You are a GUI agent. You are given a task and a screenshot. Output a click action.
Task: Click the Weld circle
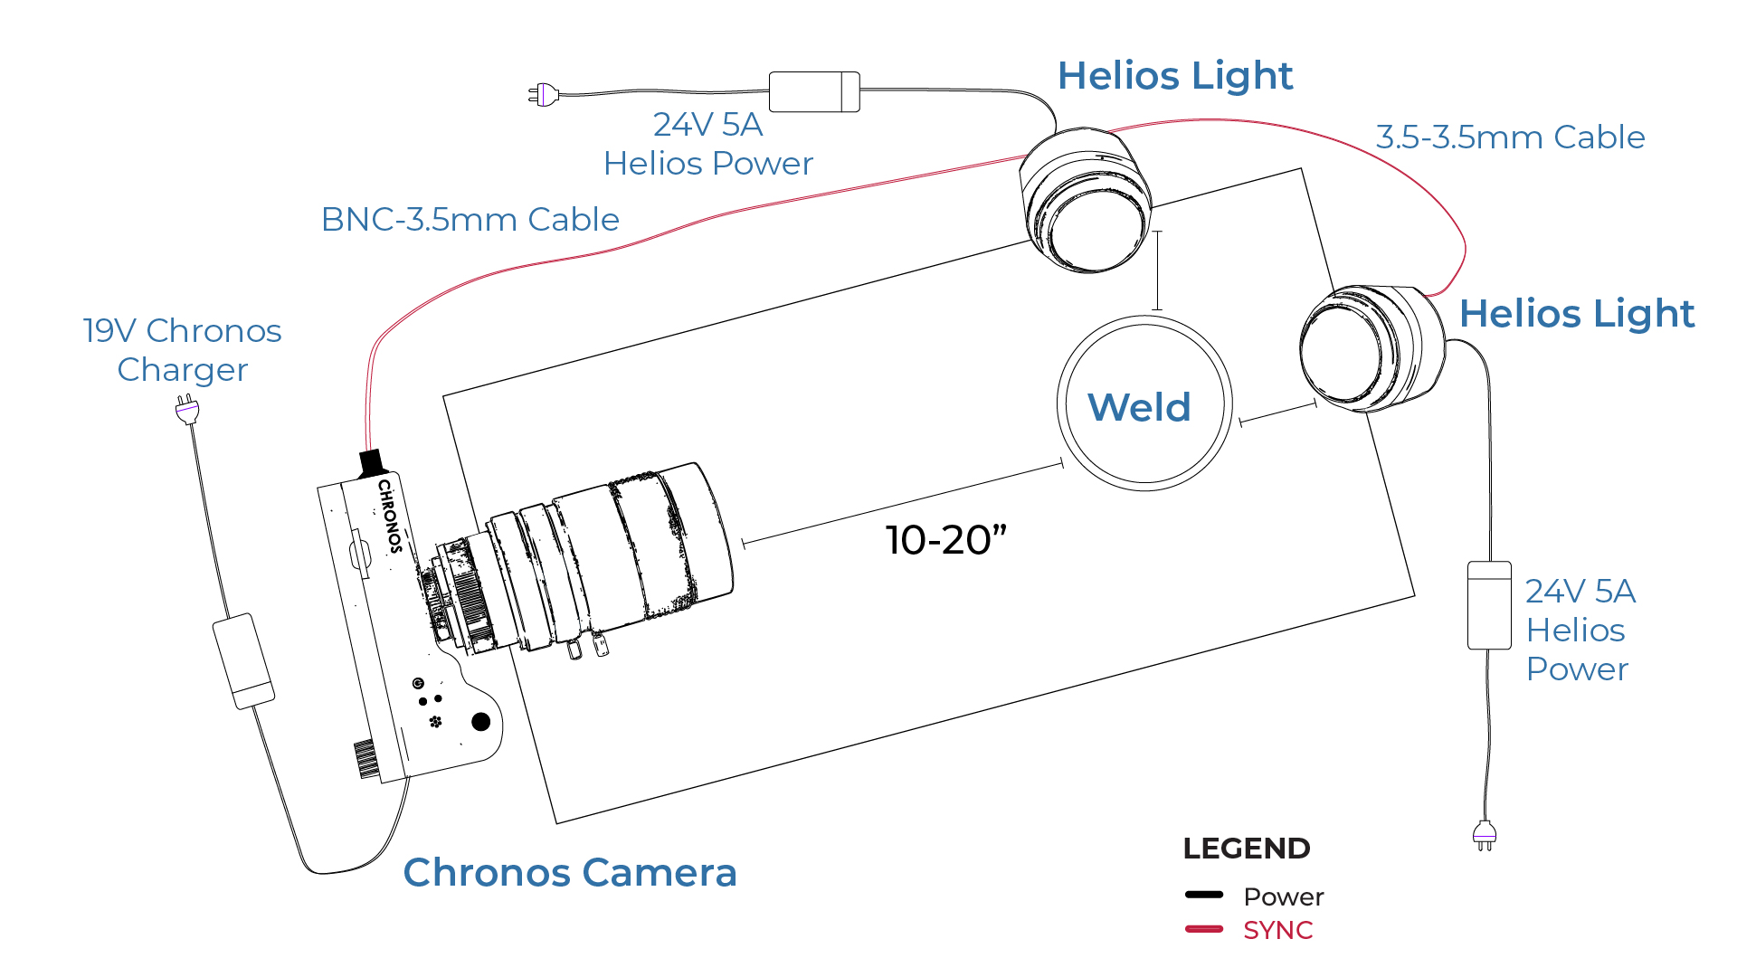tap(1144, 404)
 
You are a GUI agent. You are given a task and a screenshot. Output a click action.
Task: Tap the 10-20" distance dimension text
tap(945, 540)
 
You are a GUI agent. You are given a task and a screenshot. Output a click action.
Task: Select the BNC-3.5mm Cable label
tap(470, 220)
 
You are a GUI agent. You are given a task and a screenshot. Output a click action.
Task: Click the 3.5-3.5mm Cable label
tap(1510, 138)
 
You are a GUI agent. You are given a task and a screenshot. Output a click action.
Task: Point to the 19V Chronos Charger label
tap(182, 350)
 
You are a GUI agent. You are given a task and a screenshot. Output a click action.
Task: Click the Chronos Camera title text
tap(570, 873)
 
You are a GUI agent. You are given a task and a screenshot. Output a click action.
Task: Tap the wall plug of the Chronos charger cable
tap(186, 411)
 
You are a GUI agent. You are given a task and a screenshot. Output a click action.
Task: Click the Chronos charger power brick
tap(243, 661)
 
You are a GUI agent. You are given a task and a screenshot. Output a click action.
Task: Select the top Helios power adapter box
tap(814, 91)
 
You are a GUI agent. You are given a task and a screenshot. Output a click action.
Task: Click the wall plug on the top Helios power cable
tap(543, 93)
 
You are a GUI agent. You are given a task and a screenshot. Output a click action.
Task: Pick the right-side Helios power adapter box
tap(1489, 605)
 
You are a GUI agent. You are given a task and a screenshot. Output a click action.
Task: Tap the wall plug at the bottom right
tap(1485, 834)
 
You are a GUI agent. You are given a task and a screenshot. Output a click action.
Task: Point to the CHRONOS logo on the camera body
tap(390, 516)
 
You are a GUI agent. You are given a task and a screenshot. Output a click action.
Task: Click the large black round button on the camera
tap(480, 721)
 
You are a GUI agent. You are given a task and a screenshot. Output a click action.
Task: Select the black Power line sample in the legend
tap(1204, 895)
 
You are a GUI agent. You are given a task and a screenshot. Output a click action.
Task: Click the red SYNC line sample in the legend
tap(1204, 929)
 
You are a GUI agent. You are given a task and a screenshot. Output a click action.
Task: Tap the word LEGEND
tap(1246, 849)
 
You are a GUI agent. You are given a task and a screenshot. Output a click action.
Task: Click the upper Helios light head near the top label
tap(1086, 201)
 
